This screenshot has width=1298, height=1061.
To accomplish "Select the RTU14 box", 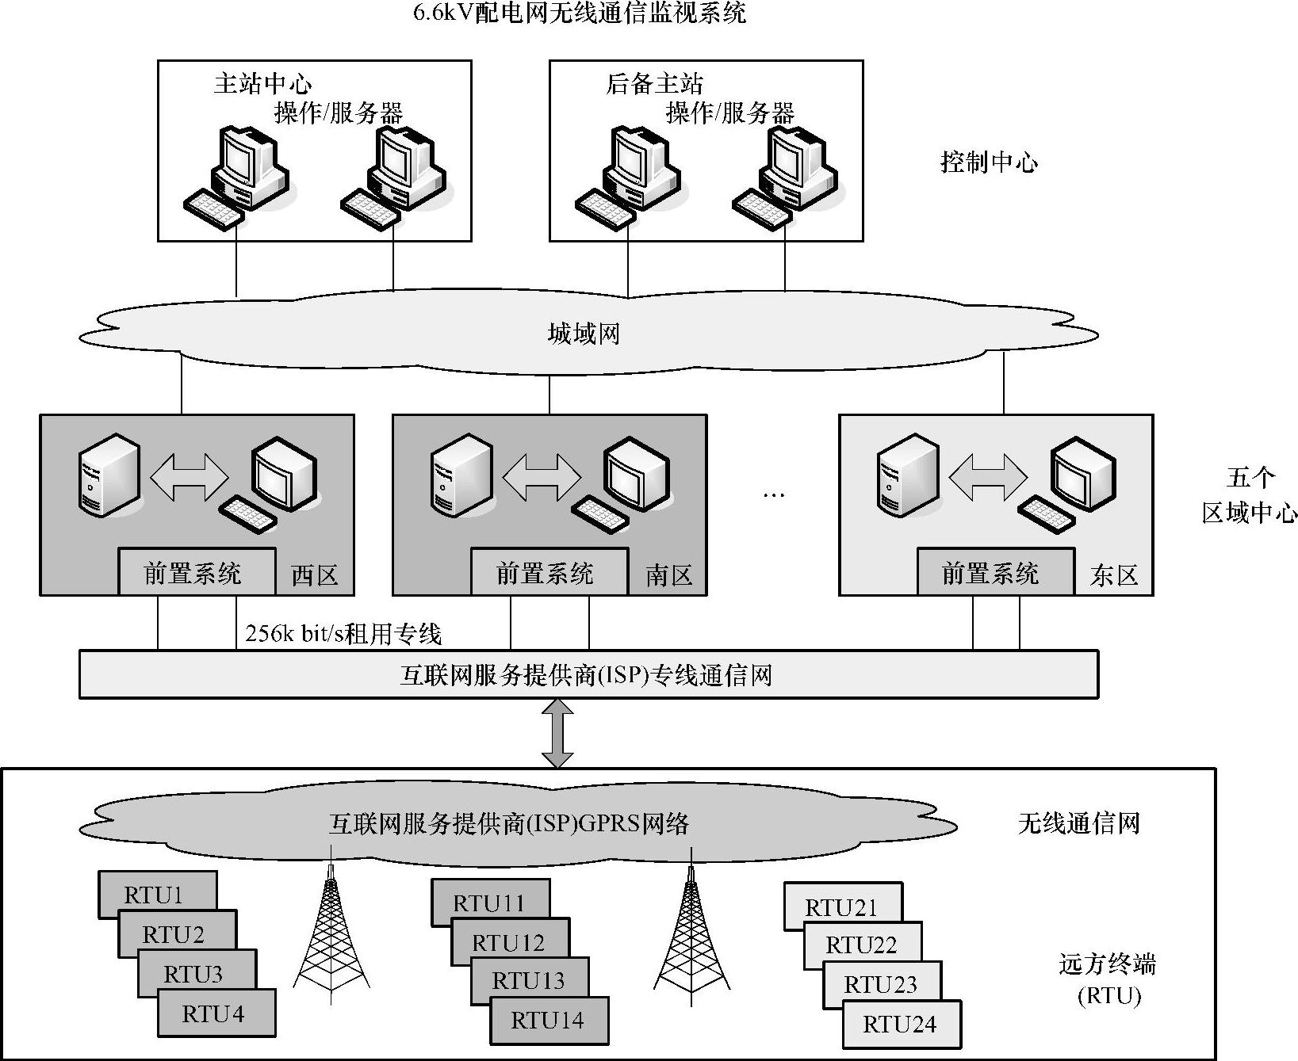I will pos(548,1020).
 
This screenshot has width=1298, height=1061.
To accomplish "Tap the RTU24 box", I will pos(900,1024).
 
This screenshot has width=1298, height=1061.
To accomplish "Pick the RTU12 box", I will pos(509,942).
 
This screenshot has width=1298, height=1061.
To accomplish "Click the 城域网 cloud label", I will pos(584,333).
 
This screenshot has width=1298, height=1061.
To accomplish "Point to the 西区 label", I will pos(315,574).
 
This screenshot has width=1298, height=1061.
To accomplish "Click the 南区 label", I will pos(669,574).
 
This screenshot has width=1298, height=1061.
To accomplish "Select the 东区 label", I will pos(1114,574).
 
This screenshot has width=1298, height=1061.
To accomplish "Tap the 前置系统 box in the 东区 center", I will pos(990,572).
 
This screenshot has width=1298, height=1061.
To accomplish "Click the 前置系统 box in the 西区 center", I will pos(193,572).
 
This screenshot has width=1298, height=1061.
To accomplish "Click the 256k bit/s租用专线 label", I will pos(343,634).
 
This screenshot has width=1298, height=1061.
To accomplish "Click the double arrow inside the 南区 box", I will pos(542,477).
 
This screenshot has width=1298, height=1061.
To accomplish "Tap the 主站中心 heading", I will pos(262,84).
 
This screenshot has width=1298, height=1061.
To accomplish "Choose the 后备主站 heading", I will pos(654,84).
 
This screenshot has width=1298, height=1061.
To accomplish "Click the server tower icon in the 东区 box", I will pos(909,474).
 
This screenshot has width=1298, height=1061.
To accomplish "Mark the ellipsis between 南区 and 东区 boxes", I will pos(773,494).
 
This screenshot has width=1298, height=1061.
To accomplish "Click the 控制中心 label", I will pos(989,162).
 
